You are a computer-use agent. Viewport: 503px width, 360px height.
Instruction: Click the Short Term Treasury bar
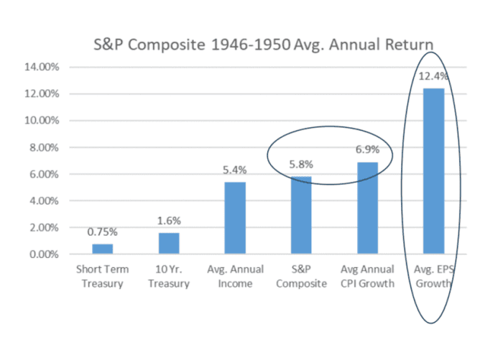pyautogui.click(x=103, y=249)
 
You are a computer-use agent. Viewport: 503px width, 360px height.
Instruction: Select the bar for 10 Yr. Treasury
pyautogui.click(x=169, y=244)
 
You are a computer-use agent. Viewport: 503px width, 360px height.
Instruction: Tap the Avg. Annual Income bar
pyautogui.click(x=235, y=218)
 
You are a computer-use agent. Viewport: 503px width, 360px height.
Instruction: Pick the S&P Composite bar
pyautogui.click(x=301, y=216)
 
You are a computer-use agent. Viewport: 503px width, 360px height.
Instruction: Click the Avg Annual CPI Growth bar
pyautogui.click(x=368, y=208)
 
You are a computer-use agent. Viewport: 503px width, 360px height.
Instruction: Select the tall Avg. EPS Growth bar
pyautogui.click(x=434, y=171)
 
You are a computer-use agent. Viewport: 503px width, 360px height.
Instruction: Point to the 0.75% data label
pyautogui.click(x=103, y=231)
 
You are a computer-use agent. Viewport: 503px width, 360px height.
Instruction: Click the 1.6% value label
pyautogui.click(x=169, y=221)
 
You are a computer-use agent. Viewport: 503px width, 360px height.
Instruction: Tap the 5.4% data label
pyautogui.click(x=235, y=170)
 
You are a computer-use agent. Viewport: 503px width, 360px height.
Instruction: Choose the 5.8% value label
pyautogui.click(x=301, y=165)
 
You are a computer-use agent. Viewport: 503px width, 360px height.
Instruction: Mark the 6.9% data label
pyautogui.click(x=368, y=149)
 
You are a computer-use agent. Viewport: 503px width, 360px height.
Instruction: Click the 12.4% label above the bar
pyautogui.click(x=433, y=76)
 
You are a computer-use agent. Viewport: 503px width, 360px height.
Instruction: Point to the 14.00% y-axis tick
pyautogui.click(x=42, y=67)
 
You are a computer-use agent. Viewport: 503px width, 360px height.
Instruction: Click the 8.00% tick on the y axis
pyautogui.click(x=45, y=147)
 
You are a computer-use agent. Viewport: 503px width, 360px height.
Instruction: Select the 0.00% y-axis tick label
pyautogui.click(x=45, y=254)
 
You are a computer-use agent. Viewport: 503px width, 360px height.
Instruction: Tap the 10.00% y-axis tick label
pyautogui.click(x=42, y=121)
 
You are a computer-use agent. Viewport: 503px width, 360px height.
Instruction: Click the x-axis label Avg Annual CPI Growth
pyautogui.click(x=368, y=276)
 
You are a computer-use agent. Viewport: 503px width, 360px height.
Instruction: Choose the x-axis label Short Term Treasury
pyautogui.click(x=103, y=276)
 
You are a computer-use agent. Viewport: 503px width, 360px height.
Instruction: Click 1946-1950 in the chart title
pyautogui.click(x=251, y=45)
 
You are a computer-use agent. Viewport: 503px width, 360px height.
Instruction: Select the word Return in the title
pyautogui.click(x=410, y=45)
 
